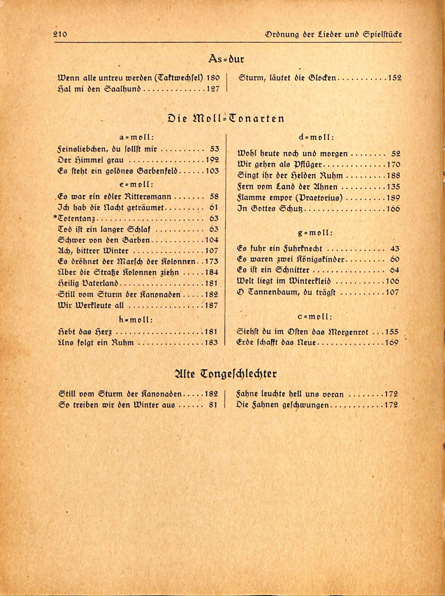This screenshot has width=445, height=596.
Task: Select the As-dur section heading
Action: tap(226, 59)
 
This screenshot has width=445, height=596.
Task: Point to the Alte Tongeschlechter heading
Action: tap(225, 374)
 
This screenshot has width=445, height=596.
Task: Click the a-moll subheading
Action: tap(136, 137)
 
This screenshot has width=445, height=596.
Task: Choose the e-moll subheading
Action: tap(136, 185)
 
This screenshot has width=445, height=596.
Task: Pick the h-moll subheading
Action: tap(136, 320)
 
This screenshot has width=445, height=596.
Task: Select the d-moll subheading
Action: tap(316, 137)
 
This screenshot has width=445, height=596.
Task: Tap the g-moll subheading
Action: tap(315, 233)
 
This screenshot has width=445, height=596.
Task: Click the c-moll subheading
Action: tap(315, 317)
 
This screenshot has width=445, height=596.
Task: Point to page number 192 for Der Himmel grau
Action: tap(212, 160)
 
